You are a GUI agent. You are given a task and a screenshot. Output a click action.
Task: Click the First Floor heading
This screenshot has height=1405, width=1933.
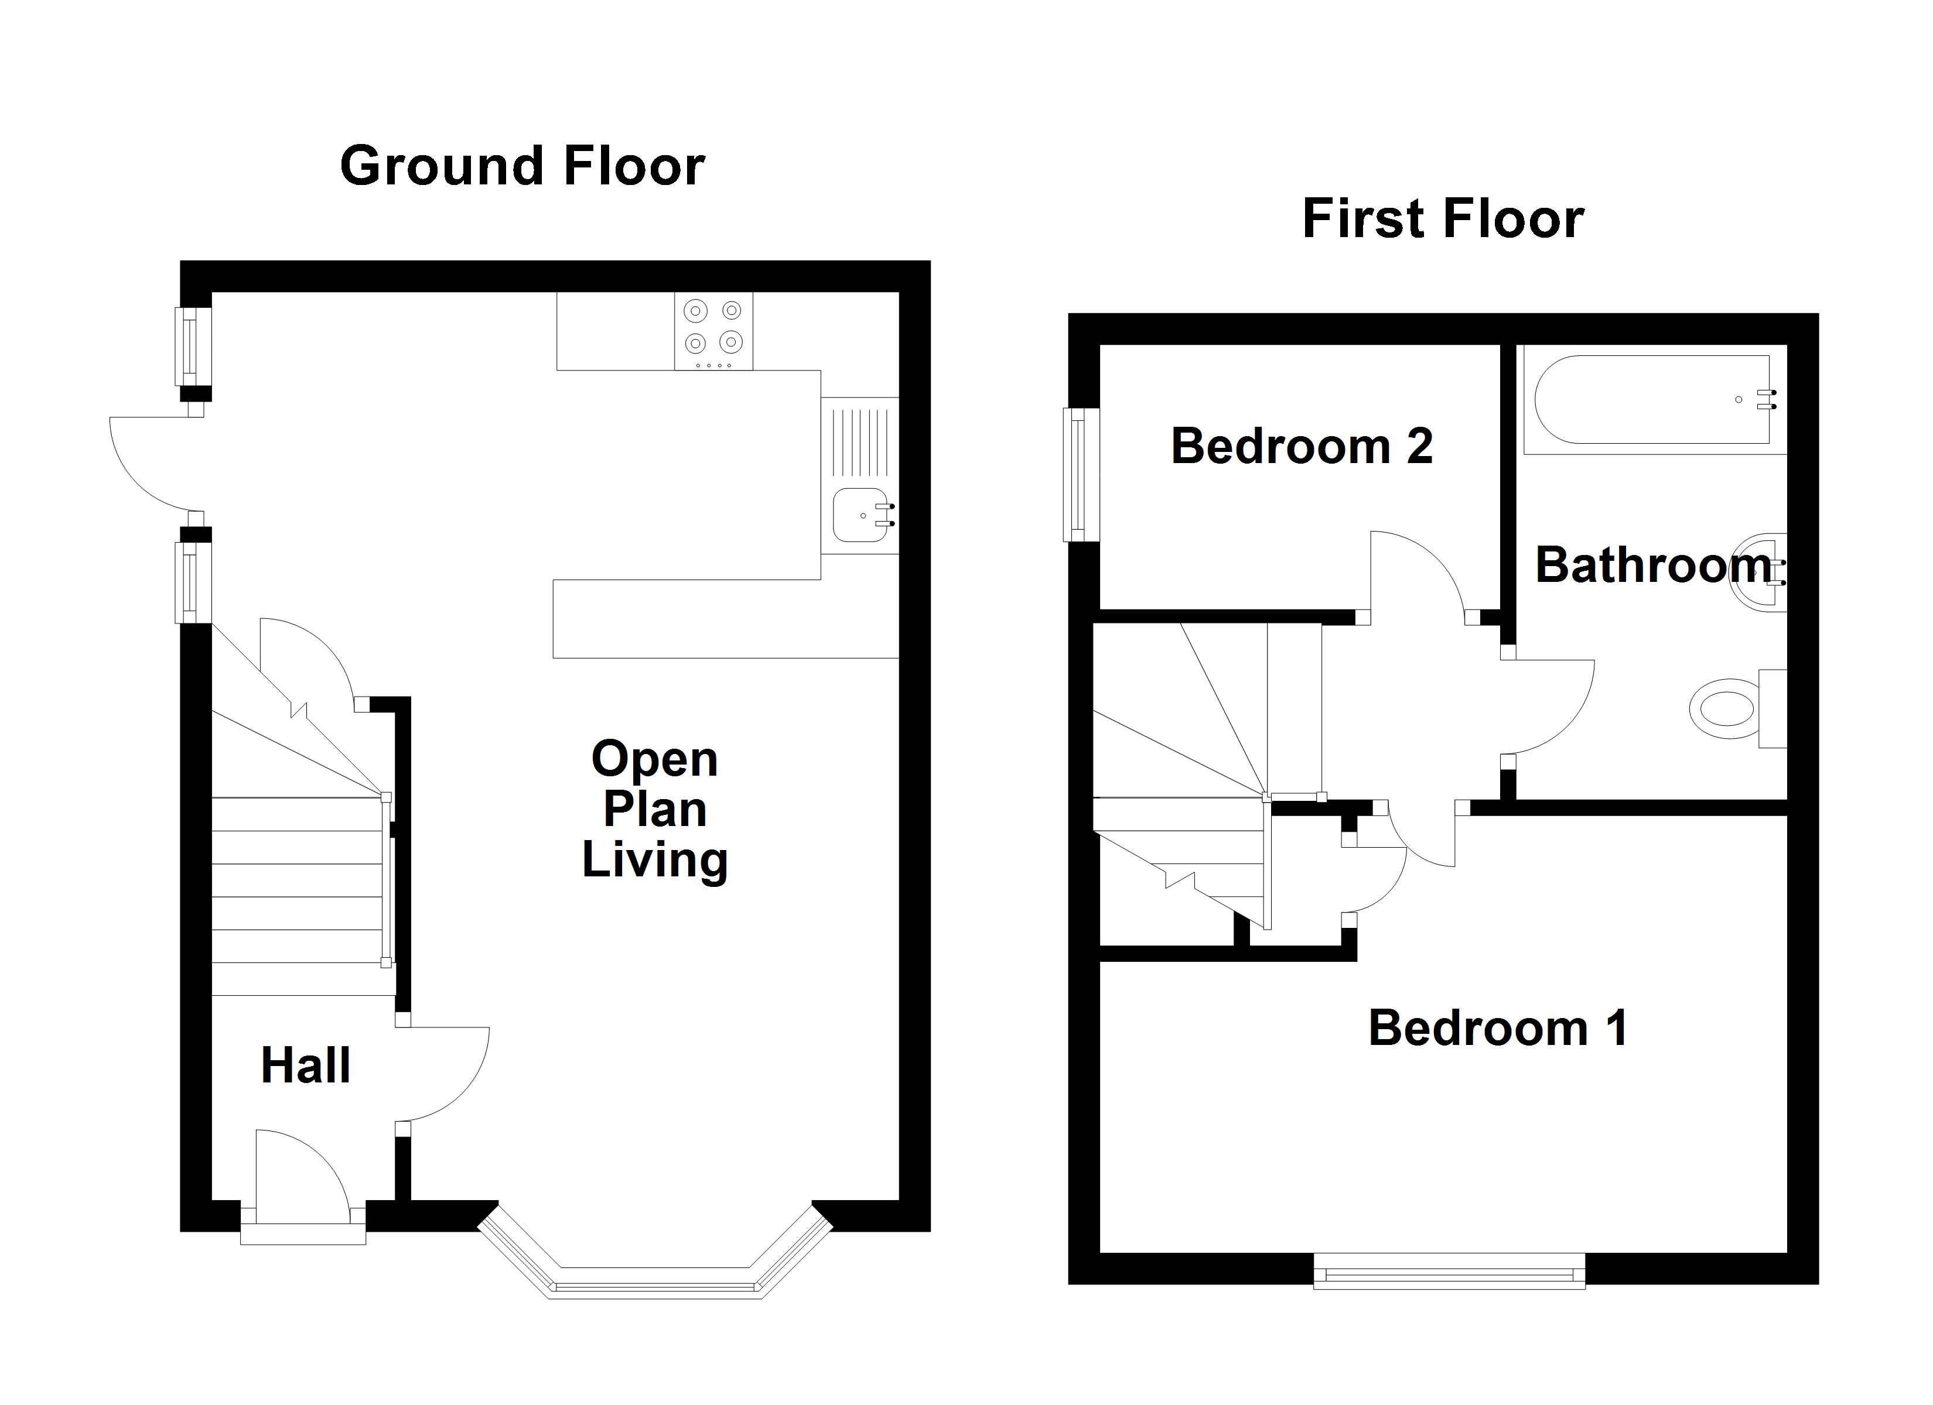(1442, 218)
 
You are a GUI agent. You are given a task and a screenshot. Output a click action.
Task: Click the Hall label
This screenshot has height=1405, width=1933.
(305, 1065)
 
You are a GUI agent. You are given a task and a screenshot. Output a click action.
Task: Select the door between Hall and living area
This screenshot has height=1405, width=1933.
(443, 1074)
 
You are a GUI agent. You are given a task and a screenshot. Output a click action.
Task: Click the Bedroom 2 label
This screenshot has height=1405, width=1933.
(1302, 446)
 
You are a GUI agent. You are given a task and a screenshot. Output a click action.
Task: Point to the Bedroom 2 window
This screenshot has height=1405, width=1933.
(1080, 475)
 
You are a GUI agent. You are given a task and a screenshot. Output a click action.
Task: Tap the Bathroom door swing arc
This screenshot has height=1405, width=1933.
(1551, 707)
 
